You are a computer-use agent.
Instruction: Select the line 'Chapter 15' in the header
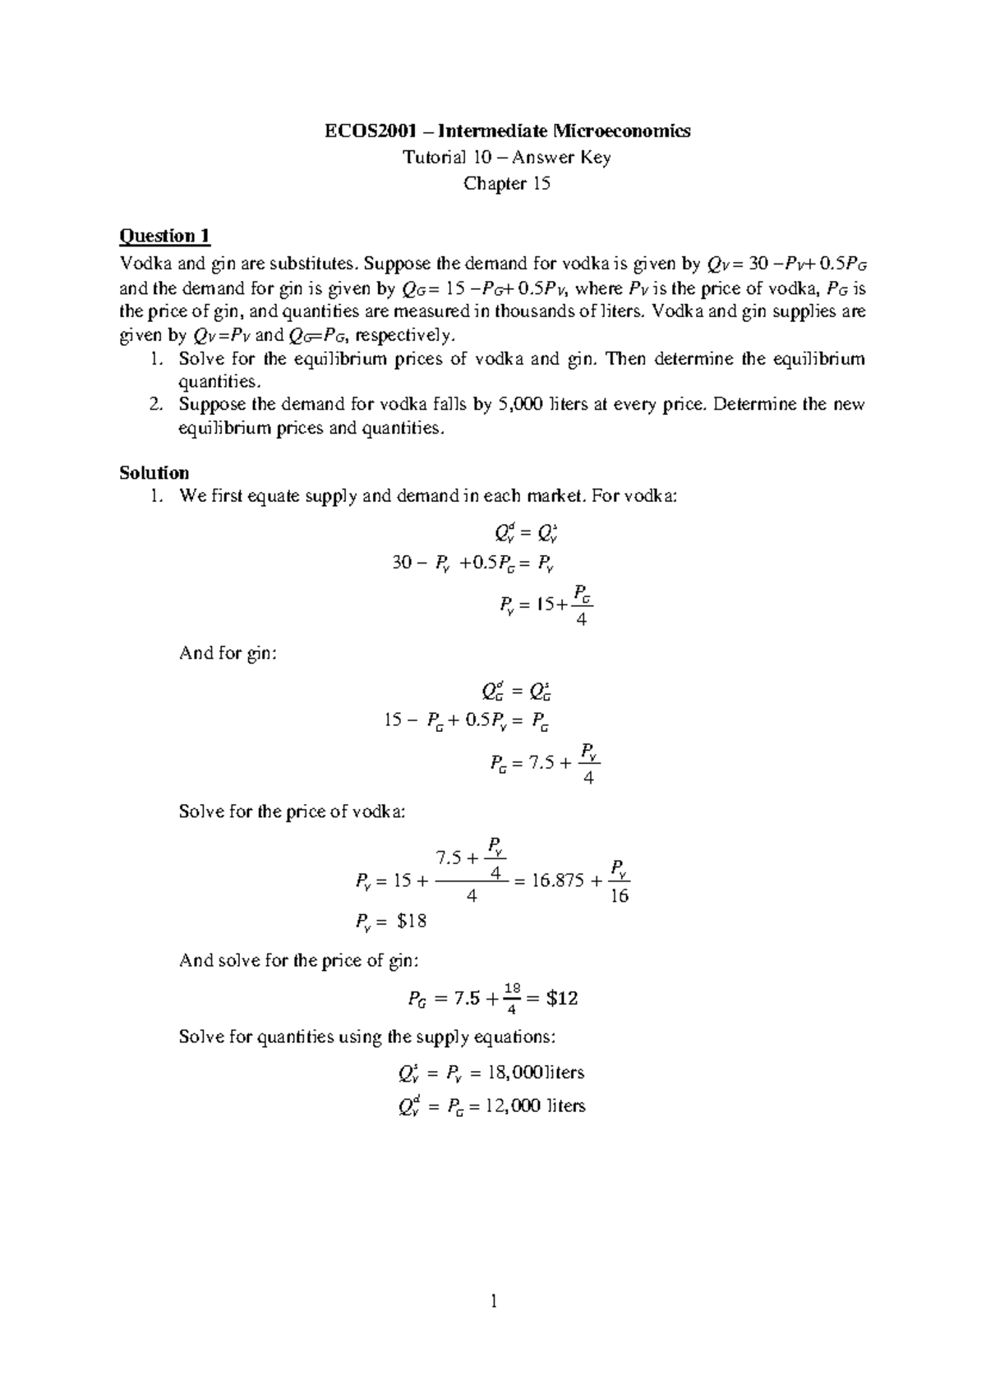click(506, 183)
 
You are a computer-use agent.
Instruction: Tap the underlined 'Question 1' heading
click(164, 237)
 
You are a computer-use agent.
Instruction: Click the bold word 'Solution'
click(154, 472)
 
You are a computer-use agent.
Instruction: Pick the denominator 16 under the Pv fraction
click(620, 897)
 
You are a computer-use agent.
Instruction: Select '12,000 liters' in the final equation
click(536, 1106)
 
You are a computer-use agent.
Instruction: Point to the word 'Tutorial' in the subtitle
click(429, 157)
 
